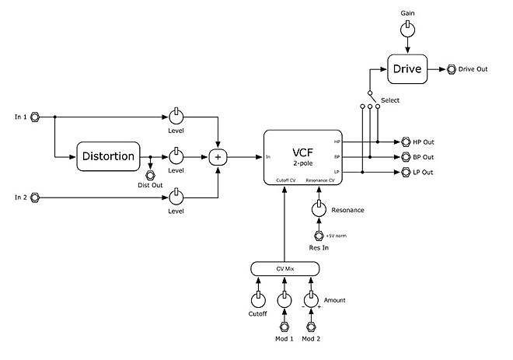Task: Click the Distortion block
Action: pyautogui.click(x=108, y=157)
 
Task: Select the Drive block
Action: pyautogui.click(x=407, y=69)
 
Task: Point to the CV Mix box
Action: pyautogui.click(x=284, y=269)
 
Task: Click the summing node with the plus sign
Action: pyautogui.click(x=218, y=157)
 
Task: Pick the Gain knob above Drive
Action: pyautogui.click(x=407, y=30)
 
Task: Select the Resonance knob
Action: pyautogui.click(x=317, y=209)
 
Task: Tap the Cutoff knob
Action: pyautogui.click(x=257, y=299)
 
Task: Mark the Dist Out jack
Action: pyautogui.click(x=150, y=175)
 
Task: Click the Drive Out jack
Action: pyautogui.click(x=452, y=69)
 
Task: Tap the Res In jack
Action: pyautogui.click(x=317, y=236)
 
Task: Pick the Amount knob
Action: pyautogui.click(x=311, y=299)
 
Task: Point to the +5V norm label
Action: pyautogui.click(x=336, y=236)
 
